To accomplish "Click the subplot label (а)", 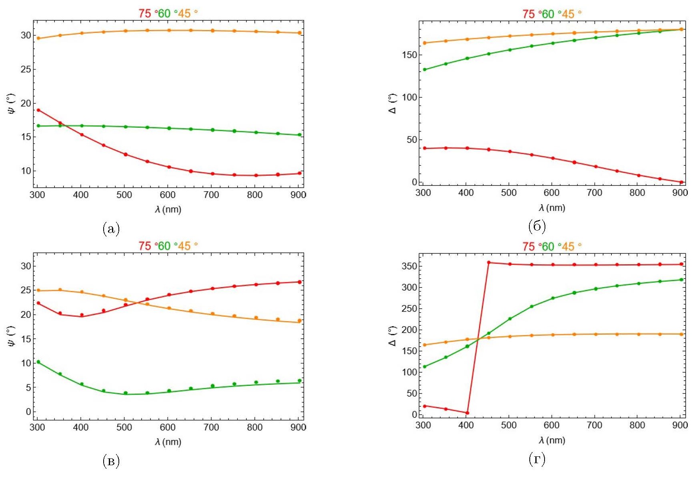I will coord(111,229).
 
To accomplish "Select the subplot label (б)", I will coord(537,227).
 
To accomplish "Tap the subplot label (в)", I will coord(111,461).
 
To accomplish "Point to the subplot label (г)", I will coord(537,459).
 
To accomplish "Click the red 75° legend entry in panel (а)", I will coord(145,14).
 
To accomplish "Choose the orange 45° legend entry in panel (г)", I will coord(568,247).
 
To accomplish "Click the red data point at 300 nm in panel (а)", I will coord(38,110).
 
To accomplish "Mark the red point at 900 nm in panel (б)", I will coord(681,182).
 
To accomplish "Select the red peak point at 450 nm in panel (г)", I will coord(489,263).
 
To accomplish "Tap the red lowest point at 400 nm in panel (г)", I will coord(467,413).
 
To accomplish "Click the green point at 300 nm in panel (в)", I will coord(38,362).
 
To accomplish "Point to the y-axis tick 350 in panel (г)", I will coord(410,266).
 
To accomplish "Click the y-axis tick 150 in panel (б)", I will coord(410,55).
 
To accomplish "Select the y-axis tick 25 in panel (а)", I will coord(26,69).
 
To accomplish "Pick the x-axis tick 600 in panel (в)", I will coord(168,427).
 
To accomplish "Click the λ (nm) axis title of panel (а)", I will coord(168,209).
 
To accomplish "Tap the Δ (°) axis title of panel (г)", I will coord(393,336).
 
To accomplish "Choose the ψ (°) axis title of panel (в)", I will coord(11,336).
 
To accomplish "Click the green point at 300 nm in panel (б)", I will coord(425,70).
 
